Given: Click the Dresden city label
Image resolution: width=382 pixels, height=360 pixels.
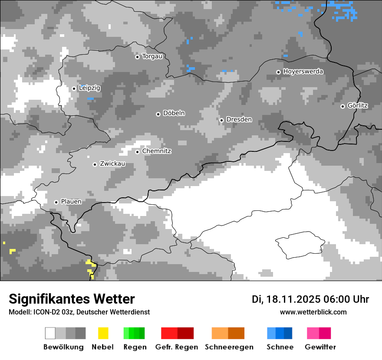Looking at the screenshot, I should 239,120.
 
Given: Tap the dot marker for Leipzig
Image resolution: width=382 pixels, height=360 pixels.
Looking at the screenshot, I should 74,88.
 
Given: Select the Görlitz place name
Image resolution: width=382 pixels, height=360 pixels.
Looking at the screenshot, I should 358,105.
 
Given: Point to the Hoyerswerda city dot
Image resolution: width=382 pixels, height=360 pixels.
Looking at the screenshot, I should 279,72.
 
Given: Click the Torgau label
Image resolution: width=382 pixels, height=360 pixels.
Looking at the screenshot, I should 152,56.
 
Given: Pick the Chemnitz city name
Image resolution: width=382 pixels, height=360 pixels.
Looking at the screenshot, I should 156,151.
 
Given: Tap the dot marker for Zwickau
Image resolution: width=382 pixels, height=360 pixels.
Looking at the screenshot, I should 95,164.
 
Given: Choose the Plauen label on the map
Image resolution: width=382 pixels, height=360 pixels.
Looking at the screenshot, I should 71,202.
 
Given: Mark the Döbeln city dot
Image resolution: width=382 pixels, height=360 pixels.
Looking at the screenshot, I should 158,114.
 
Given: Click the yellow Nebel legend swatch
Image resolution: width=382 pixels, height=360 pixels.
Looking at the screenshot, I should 103,333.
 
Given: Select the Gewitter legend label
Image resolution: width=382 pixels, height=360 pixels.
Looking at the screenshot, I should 320,347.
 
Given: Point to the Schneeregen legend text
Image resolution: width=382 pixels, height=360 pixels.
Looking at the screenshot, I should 229,347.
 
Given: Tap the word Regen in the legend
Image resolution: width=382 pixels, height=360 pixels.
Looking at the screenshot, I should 135,347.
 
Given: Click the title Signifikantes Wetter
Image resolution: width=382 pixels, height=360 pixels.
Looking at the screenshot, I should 72,299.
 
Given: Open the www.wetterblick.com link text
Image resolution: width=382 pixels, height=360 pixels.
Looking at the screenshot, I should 313,312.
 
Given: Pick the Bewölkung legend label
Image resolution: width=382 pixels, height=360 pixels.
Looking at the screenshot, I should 63,347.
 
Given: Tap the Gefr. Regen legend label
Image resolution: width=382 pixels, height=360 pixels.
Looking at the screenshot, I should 177,347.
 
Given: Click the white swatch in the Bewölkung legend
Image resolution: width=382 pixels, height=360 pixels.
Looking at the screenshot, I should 50,333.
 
